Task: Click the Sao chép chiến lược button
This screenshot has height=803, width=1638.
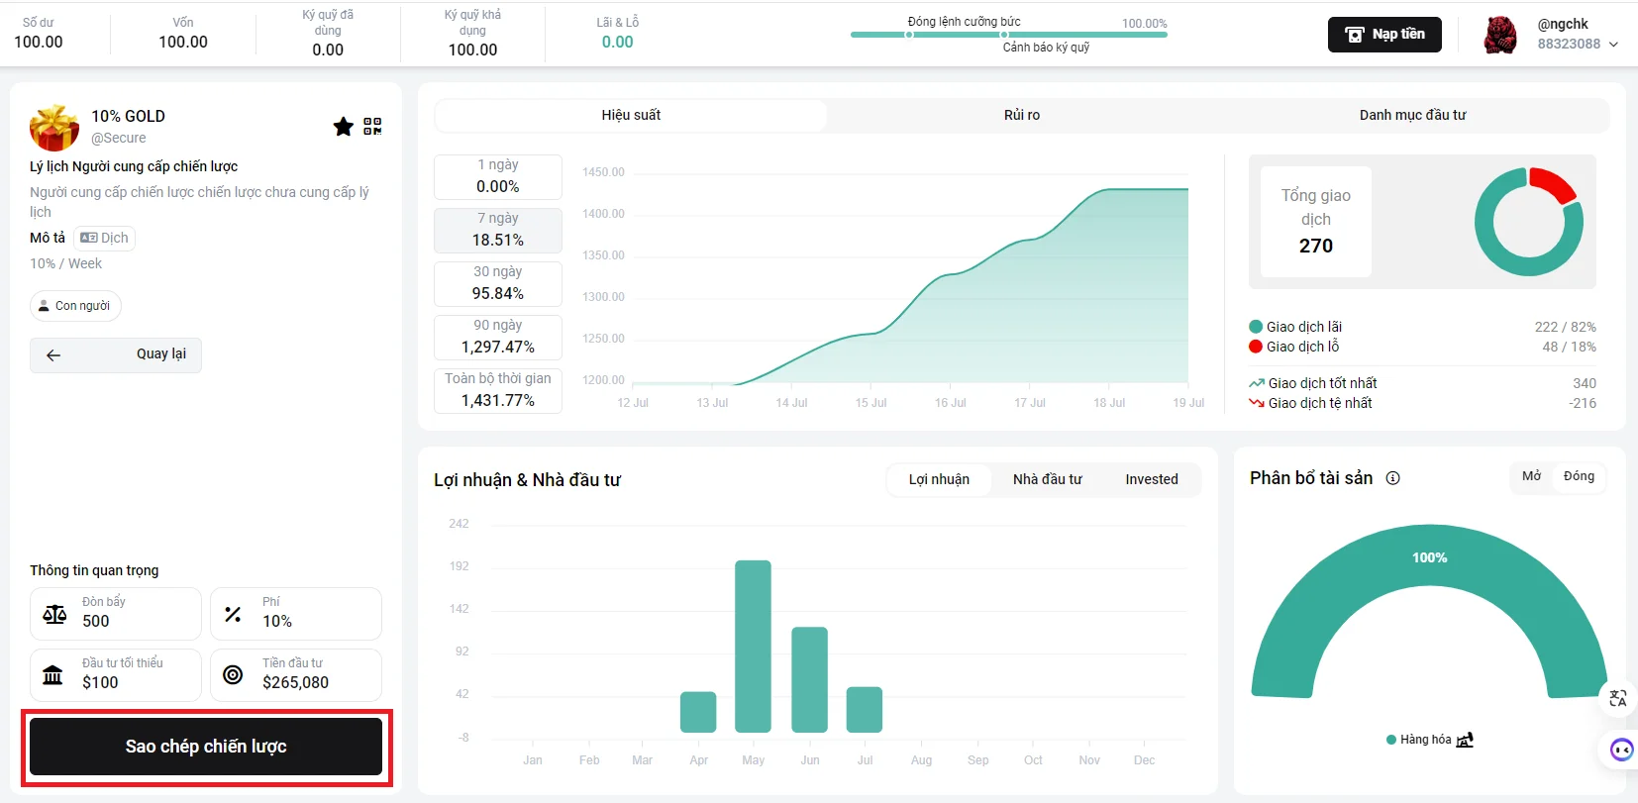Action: (205, 746)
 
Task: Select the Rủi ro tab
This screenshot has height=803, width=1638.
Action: (1022, 115)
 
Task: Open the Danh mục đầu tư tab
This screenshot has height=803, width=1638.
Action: (1412, 115)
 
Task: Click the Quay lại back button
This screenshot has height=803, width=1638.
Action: (116, 354)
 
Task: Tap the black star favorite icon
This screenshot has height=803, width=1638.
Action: (343, 127)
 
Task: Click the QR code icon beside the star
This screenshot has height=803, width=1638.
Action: (373, 127)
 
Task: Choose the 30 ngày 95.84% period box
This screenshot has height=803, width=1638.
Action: (498, 283)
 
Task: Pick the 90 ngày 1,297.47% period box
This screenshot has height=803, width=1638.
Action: (498, 337)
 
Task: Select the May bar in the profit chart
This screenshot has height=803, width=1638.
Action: (754, 647)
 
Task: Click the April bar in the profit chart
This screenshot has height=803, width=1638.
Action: (698, 712)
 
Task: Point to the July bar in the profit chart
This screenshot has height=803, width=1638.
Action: (865, 709)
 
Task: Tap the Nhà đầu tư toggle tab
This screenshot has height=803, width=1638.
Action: (1047, 480)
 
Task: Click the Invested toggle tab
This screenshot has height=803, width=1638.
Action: (1152, 480)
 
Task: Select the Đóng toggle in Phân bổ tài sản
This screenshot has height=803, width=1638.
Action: (1579, 476)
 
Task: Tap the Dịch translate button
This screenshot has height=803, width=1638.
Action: (105, 238)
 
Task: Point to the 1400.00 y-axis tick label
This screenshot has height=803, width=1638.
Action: (603, 214)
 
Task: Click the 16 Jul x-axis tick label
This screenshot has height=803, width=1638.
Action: (950, 403)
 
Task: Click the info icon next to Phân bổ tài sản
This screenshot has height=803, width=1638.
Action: (1393, 478)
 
